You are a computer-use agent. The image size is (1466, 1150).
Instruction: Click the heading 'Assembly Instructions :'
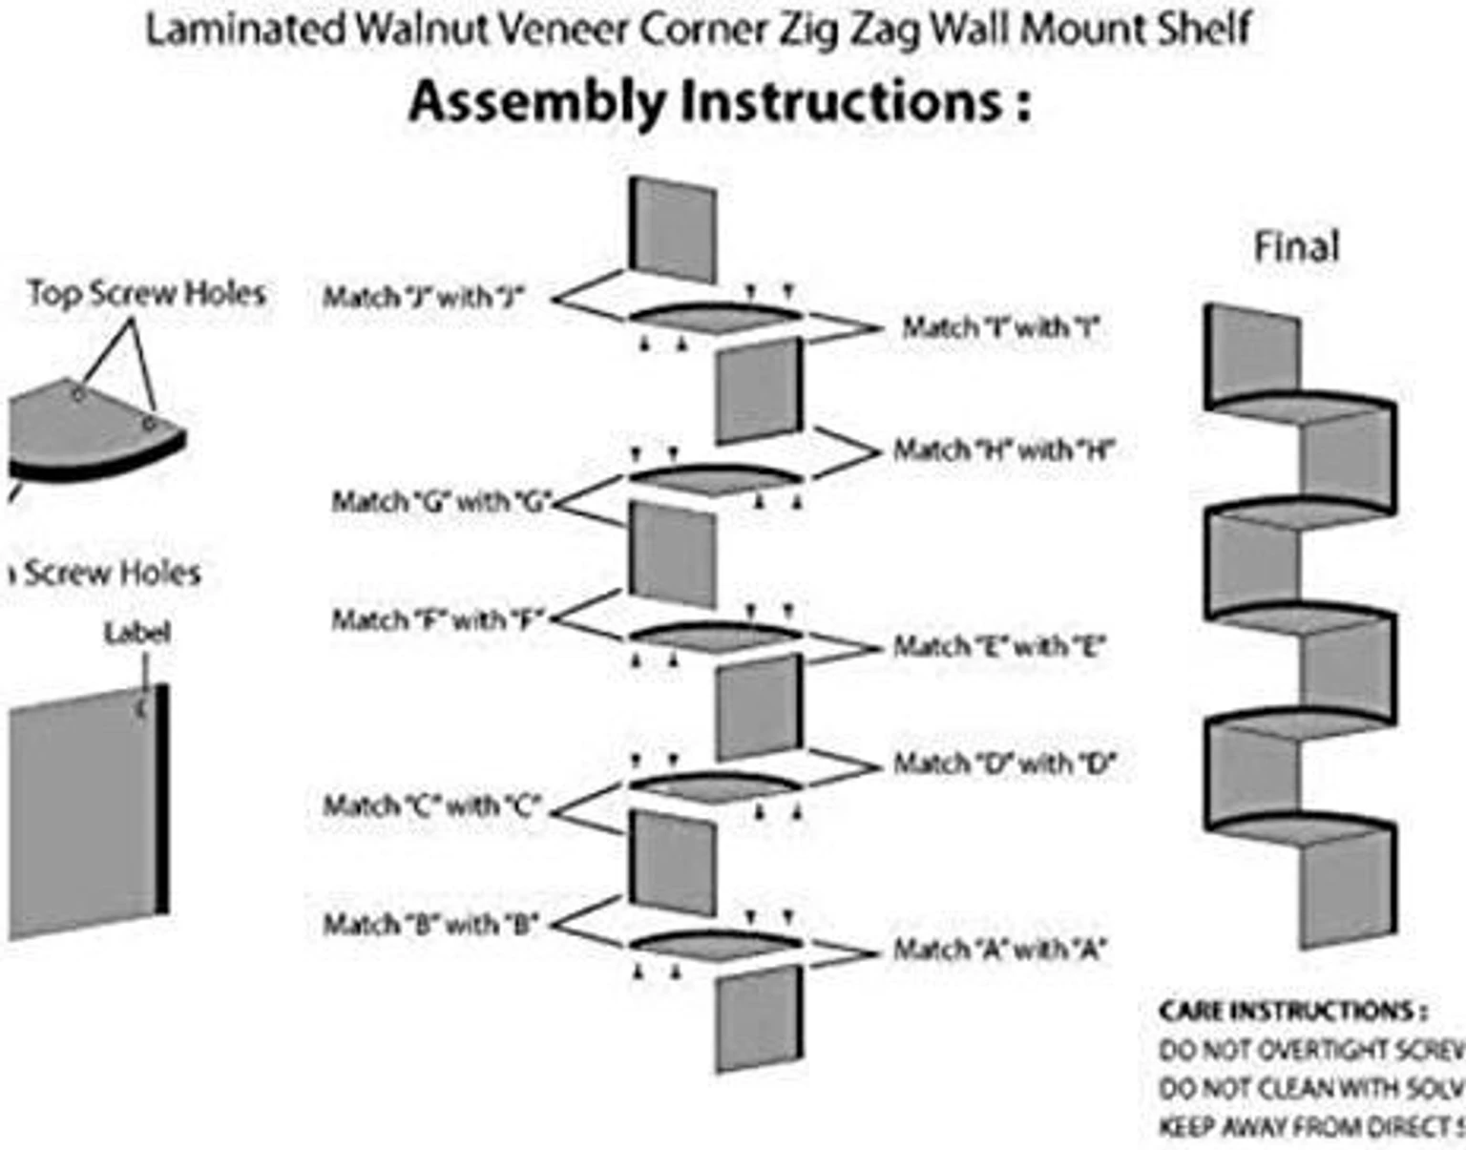[720, 102]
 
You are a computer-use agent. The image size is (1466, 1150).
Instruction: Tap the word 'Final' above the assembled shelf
[1296, 247]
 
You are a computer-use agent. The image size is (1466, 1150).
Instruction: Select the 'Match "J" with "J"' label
[424, 298]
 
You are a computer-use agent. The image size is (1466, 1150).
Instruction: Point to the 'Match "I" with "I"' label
[1000, 328]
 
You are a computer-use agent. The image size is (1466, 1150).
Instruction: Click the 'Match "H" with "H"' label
[1003, 450]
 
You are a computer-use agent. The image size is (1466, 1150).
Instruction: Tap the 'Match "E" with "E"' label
[998, 647]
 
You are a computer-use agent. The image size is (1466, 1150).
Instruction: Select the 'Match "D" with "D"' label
[1003, 763]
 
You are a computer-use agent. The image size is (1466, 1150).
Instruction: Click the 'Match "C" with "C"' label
[432, 806]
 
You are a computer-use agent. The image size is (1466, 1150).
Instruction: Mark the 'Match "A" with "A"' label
[998, 950]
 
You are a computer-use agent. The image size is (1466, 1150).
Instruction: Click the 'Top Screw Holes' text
[146, 293]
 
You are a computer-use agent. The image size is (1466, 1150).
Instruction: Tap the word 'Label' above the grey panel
[137, 633]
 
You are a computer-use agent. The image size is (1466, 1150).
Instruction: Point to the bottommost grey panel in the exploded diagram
[759, 1019]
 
